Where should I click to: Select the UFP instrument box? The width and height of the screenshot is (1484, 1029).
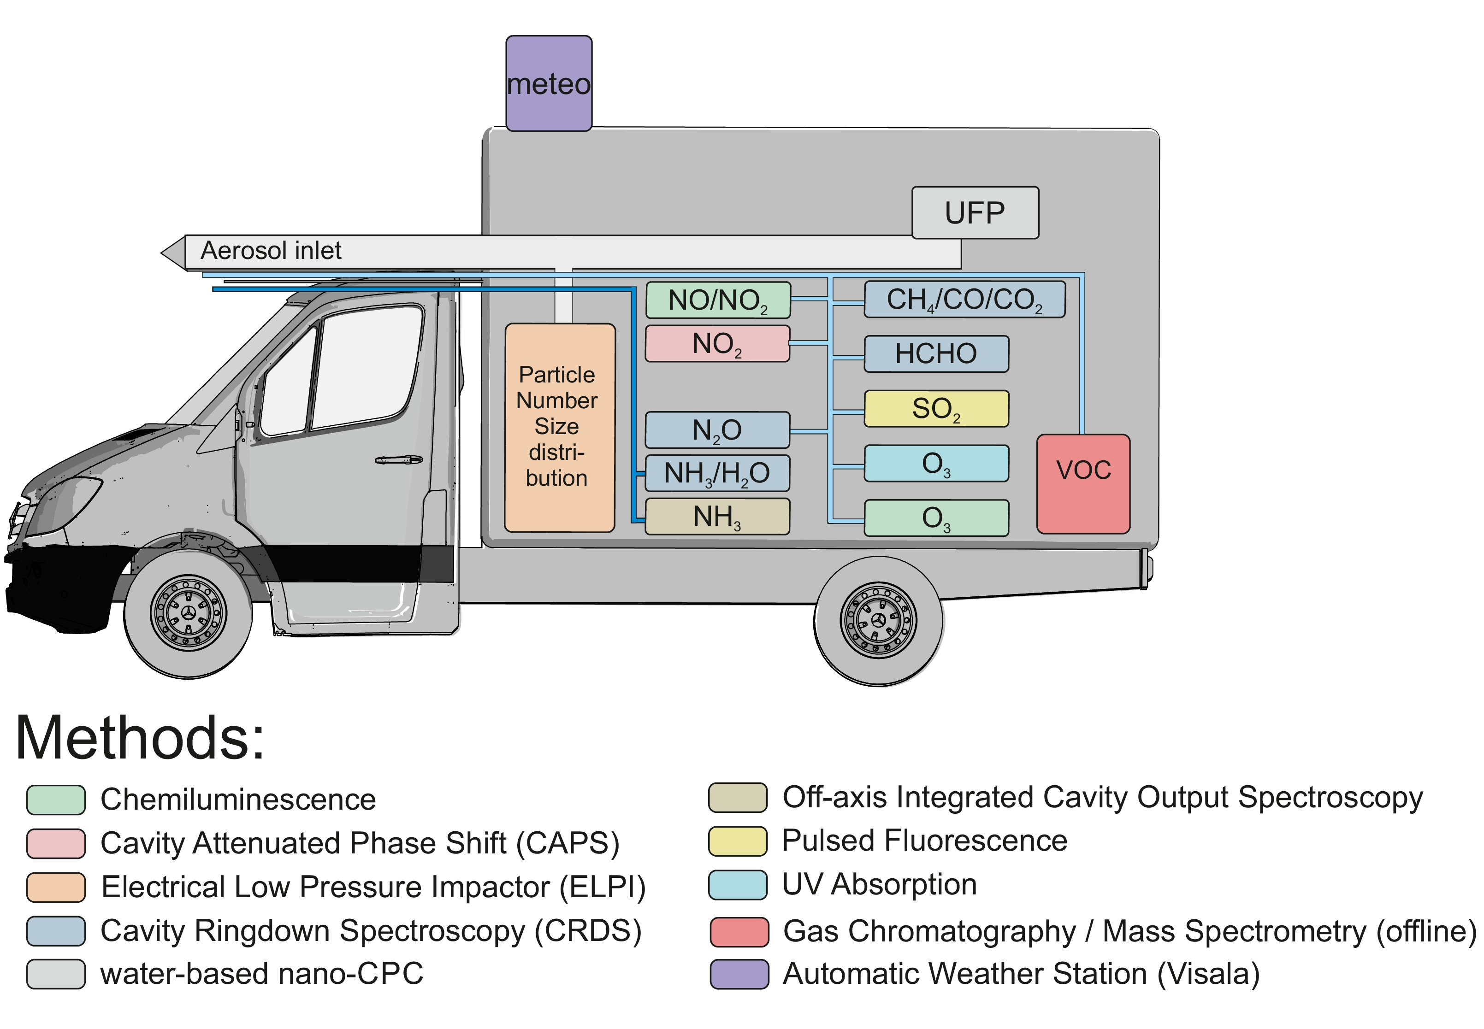(x=975, y=213)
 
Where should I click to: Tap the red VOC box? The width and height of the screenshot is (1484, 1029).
(x=1083, y=483)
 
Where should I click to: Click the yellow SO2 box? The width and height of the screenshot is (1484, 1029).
(x=936, y=408)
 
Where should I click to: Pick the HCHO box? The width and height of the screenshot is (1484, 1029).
(x=936, y=353)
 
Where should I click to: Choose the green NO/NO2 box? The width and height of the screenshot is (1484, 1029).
(x=718, y=300)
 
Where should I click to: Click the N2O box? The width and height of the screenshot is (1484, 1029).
(x=717, y=430)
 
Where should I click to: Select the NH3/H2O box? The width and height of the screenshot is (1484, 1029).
(x=717, y=473)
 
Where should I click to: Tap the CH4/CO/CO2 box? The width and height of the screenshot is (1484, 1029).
(x=964, y=299)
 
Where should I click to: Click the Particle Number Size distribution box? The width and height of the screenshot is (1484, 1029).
(x=559, y=428)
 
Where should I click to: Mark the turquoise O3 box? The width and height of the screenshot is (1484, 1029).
(x=936, y=463)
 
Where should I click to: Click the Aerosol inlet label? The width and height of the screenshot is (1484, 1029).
(x=271, y=250)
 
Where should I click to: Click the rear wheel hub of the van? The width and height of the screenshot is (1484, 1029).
(x=878, y=620)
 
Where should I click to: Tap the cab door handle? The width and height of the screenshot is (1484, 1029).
(x=399, y=460)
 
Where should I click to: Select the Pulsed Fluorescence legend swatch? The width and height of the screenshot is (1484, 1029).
(x=737, y=841)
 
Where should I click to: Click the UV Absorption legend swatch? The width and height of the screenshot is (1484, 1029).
(x=737, y=885)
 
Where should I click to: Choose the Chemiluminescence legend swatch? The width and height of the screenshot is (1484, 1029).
(x=56, y=800)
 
